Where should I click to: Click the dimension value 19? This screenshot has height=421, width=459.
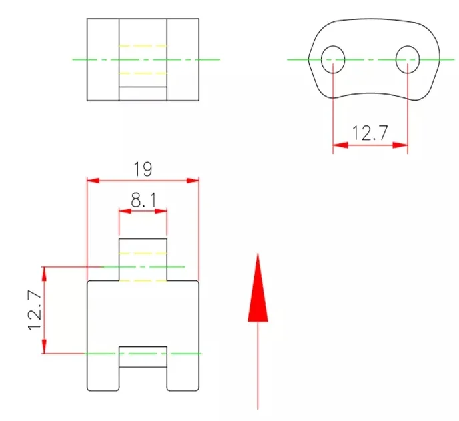click(x=143, y=169)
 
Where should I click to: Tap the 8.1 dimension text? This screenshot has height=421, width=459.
click(x=143, y=200)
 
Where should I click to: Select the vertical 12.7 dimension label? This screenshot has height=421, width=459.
click(x=35, y=310)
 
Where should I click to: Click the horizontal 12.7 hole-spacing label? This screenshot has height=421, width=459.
click(x=370, y=133)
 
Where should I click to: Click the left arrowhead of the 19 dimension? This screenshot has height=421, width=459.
click(x=93, y=181)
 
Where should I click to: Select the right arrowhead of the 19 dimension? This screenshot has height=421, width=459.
click(x=193, y=181)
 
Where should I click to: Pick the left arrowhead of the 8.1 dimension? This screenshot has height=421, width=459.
click(x=125, y=211)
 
